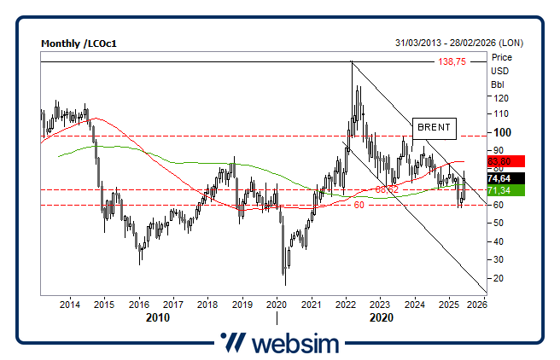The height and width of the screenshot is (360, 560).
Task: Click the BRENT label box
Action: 435,128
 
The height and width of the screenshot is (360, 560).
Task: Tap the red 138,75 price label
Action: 452,62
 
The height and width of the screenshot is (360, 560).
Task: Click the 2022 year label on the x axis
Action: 346,305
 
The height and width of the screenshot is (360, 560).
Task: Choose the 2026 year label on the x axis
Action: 477,305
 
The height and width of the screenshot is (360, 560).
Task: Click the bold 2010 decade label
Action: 156,317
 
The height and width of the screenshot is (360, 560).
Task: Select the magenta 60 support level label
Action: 359,206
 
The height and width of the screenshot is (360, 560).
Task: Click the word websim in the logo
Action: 295,343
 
